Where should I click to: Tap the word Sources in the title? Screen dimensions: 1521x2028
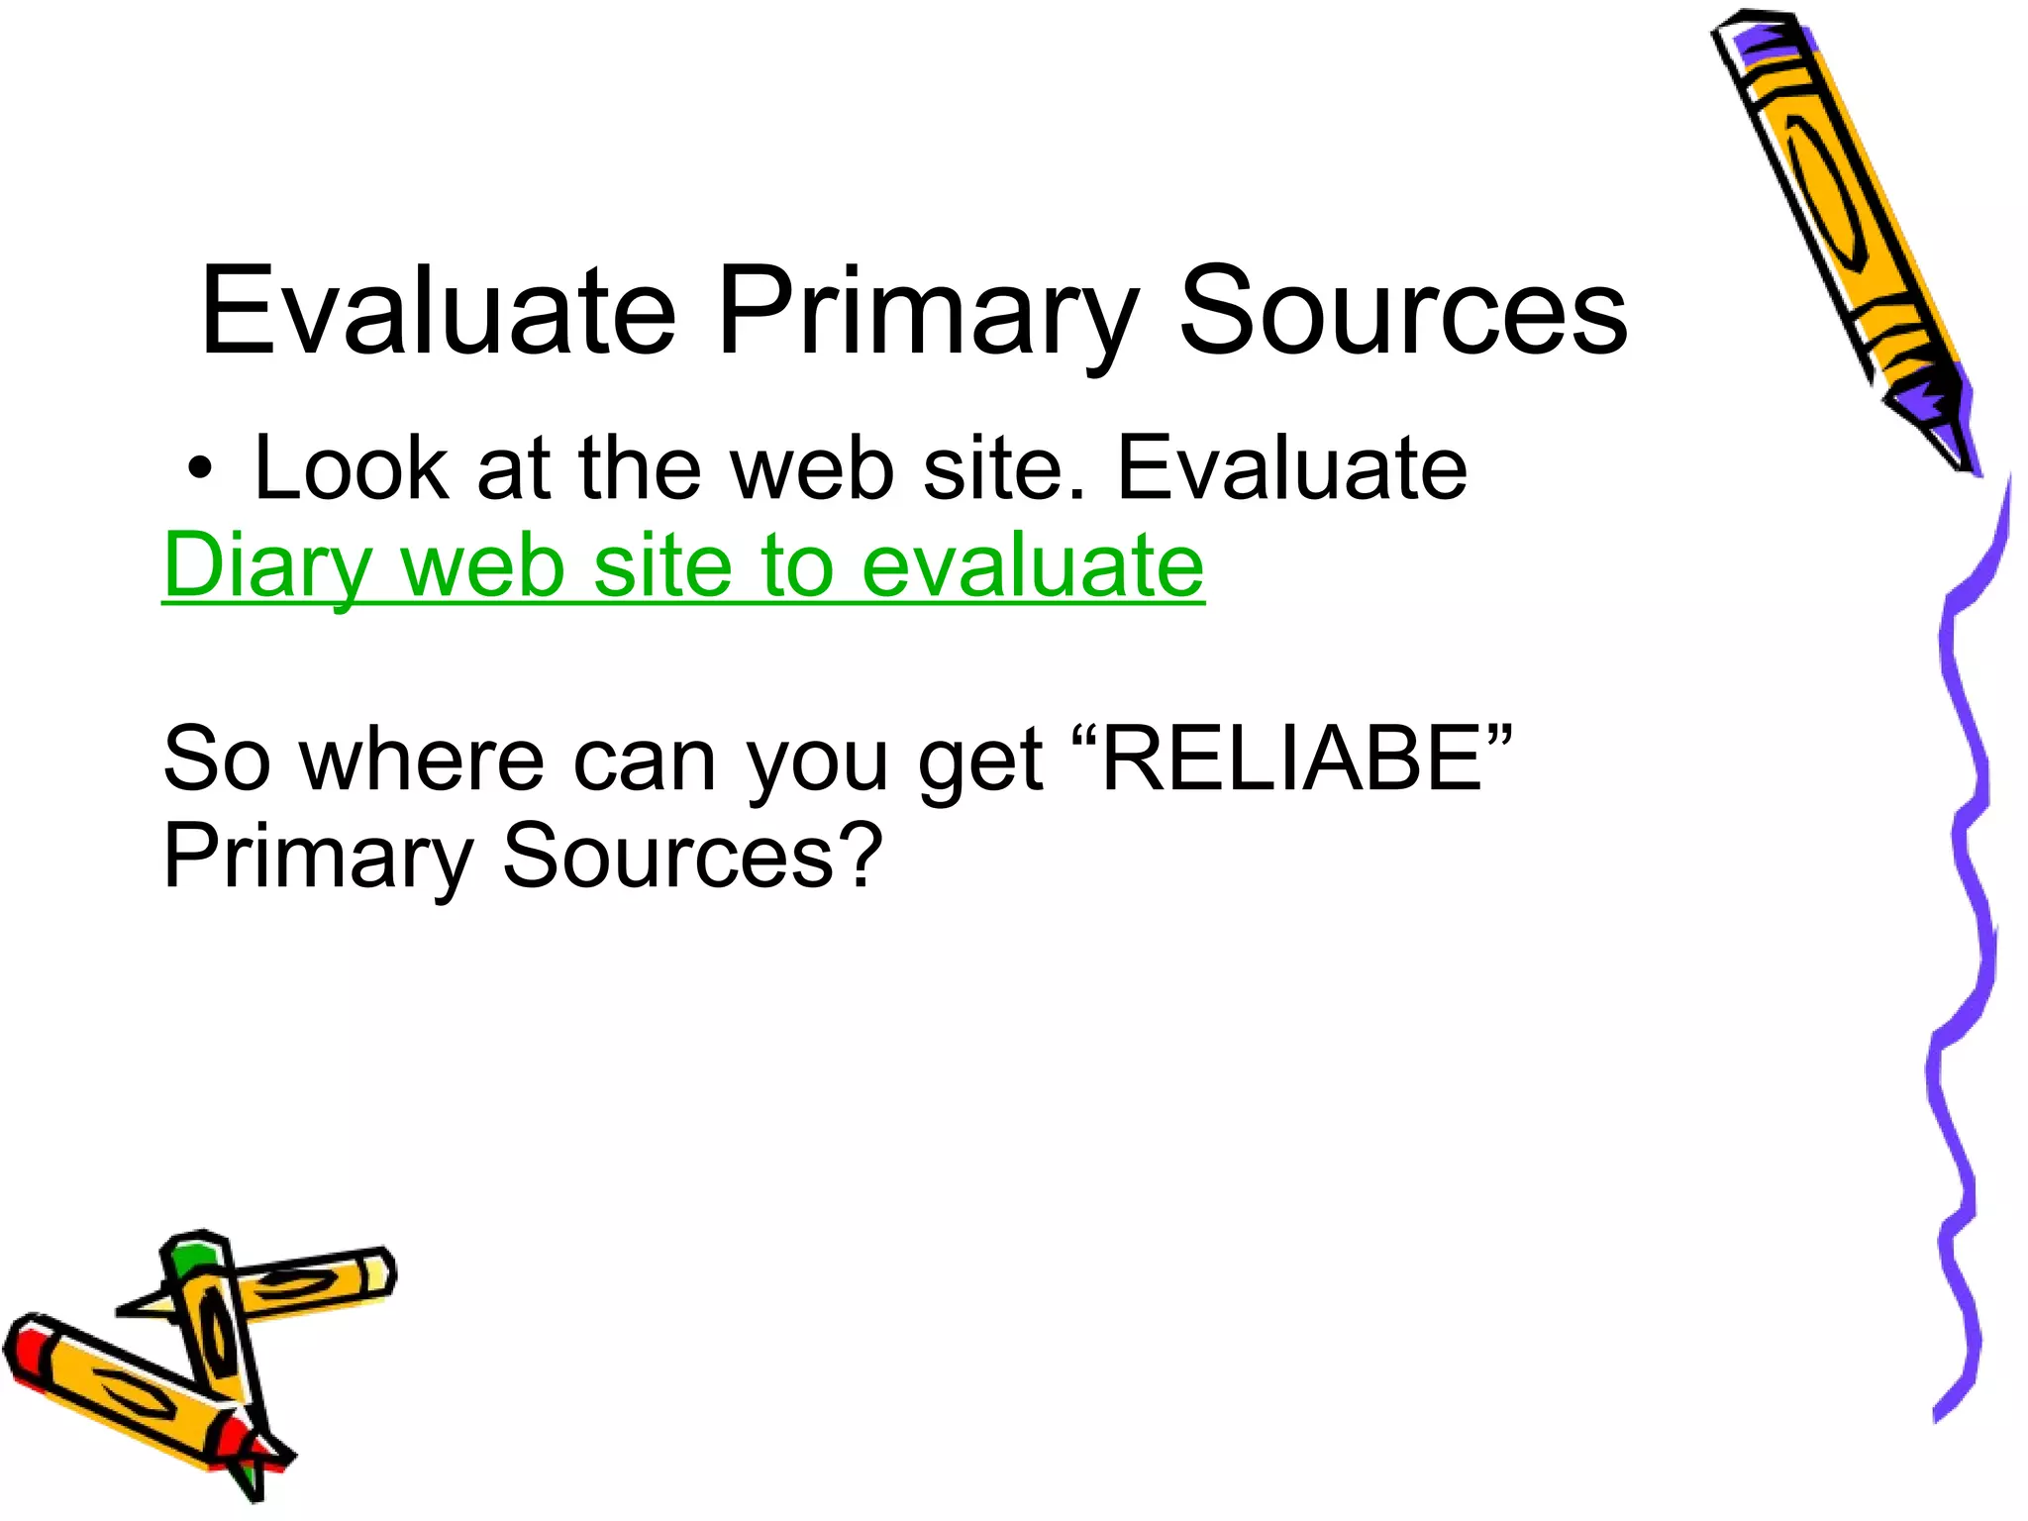point(1403,311)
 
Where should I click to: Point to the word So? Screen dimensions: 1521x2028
point(217,760)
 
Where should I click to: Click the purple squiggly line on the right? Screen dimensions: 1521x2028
point(1966,891)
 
